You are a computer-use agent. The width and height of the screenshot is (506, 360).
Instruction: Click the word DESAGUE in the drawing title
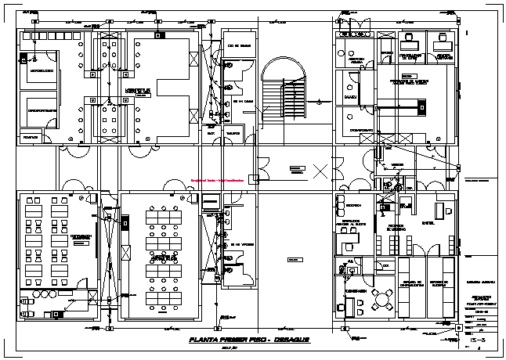[x=291, y=341]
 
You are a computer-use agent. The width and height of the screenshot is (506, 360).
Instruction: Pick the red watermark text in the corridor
[x=221, y=178]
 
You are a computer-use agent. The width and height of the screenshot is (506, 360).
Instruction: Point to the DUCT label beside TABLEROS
[x=211, y=133]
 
